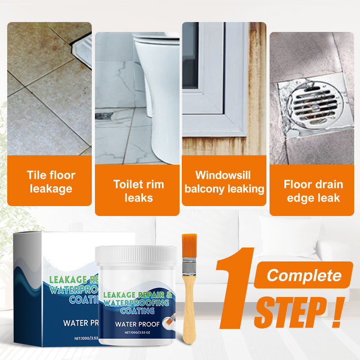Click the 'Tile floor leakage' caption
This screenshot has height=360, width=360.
tap(51, 182)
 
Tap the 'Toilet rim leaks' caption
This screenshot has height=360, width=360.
tap(139, 191)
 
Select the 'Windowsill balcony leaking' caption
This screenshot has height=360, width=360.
tap(224, 182)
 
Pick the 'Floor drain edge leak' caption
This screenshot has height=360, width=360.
tap(313, 191)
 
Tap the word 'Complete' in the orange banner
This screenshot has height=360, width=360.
tap(303, 275)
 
